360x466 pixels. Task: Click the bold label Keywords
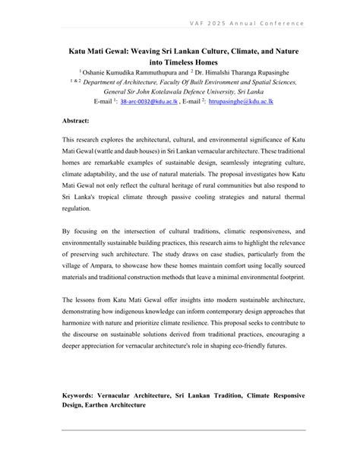coord(80,396)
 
